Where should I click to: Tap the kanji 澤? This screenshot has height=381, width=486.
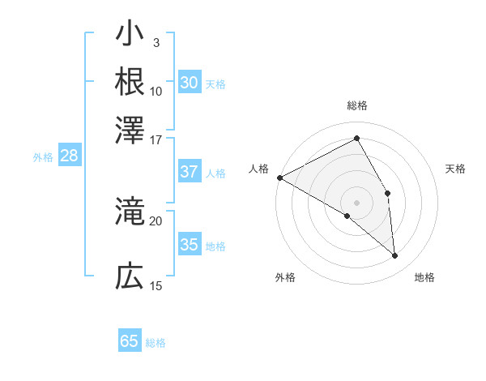[130, 129]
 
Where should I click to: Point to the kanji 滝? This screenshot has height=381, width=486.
[130, 212]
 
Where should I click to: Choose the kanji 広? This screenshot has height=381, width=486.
[130, 277]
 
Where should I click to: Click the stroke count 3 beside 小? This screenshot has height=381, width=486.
[156, 42]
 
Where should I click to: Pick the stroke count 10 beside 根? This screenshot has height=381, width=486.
[156, 91]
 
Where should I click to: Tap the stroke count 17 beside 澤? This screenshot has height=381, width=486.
[156, 139]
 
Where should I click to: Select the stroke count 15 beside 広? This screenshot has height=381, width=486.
[156, 286]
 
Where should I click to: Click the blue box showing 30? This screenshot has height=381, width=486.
[189, 83]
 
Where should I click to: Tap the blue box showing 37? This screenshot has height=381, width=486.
[189, 172]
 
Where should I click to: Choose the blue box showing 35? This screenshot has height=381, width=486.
[189, 245]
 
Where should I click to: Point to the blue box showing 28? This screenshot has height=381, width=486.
[69, 156]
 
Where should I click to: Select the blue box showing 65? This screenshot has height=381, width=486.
[130, 341]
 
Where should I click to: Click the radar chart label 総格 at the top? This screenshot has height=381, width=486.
[357, 106]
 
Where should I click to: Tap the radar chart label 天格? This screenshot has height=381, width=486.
[455, 169]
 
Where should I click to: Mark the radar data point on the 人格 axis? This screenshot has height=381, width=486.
[279, 178]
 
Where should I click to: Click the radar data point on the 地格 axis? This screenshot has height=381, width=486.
[395, 255]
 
